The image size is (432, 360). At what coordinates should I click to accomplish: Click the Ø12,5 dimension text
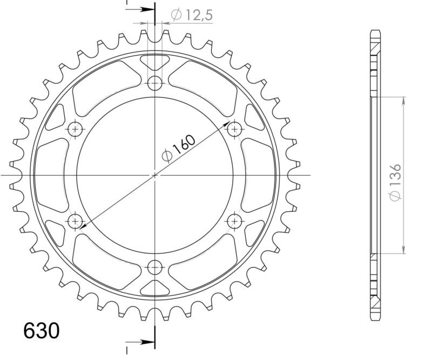192,16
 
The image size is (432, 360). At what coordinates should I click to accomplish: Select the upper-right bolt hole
234,129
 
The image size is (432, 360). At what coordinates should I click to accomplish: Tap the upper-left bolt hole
76,129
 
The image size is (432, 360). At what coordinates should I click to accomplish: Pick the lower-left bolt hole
76,221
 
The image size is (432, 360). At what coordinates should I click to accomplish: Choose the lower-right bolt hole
234,221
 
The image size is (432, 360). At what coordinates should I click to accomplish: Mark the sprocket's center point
155,175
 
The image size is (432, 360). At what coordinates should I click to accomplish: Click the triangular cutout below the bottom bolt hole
155,288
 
